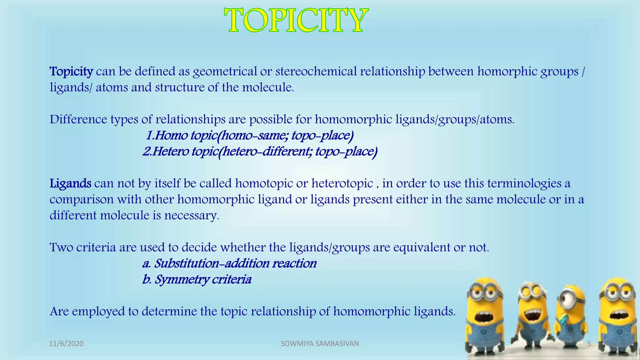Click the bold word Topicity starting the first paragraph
(x=71, y=72)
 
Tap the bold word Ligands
(x=70, y=183)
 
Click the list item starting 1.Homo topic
(x=250, y=136)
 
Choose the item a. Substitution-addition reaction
(x=229, y=263)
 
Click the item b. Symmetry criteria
(x=197, y=279)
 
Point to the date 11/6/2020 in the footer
(x=66, y=344)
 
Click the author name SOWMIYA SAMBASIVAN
(x=320, y=344)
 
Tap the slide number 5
(x=589, y=344)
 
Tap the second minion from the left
(x=531, y=316)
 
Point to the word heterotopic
(x=342, y=183)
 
